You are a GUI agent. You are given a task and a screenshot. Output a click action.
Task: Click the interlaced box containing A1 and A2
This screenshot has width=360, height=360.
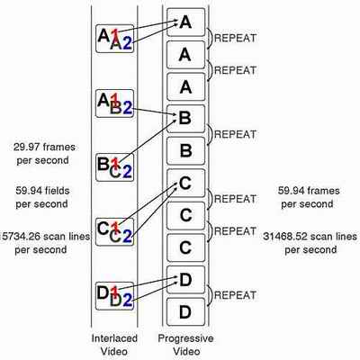(x=114, y=39)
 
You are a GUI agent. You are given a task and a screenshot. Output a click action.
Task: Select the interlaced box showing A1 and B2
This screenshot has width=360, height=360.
(x=114, y=103)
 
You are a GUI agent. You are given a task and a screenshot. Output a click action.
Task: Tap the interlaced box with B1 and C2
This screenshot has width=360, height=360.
(x=114, y=167)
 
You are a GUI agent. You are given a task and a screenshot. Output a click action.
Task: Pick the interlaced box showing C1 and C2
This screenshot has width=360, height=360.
(x=114, y=232)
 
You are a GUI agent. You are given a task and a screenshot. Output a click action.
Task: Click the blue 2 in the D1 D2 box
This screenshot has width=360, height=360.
(x=127, y=300)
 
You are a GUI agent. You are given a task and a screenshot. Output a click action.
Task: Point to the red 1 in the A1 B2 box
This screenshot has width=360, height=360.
(x=114, y=100)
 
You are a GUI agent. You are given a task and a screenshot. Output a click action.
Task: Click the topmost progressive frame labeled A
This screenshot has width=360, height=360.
(x=186, y=22)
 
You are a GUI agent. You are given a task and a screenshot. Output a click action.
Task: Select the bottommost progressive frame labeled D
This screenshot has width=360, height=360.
(x=186, y=312)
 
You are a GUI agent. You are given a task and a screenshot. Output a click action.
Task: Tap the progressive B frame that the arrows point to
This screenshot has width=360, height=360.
(x=186, y=119)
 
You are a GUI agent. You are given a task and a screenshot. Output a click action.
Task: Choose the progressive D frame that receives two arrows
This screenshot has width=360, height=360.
(x=186, y=280)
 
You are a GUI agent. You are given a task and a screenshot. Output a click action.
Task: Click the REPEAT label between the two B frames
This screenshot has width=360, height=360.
(x=235, y=134)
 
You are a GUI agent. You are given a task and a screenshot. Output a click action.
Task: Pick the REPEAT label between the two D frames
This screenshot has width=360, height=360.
(x=235, y=295)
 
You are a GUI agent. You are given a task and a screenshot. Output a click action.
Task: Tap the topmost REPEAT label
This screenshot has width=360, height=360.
(x=235, y=38)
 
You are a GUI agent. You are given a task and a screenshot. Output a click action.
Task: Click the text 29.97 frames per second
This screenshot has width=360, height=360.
(x=44, y=154)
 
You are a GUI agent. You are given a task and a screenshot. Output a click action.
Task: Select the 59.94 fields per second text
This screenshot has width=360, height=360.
(x=42, y=197)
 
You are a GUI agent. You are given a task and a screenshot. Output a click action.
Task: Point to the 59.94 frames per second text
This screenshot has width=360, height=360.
(x=309, y=197)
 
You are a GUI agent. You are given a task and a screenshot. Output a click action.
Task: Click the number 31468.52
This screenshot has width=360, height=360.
(x=286, y=237)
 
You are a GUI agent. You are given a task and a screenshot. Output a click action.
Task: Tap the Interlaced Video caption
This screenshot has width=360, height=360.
(x=114, y=345)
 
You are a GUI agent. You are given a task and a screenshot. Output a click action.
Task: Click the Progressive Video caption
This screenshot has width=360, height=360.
(x=185, y=345)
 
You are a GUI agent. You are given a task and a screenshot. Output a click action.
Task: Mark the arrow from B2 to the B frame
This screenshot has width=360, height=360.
(x=155, y=112)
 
